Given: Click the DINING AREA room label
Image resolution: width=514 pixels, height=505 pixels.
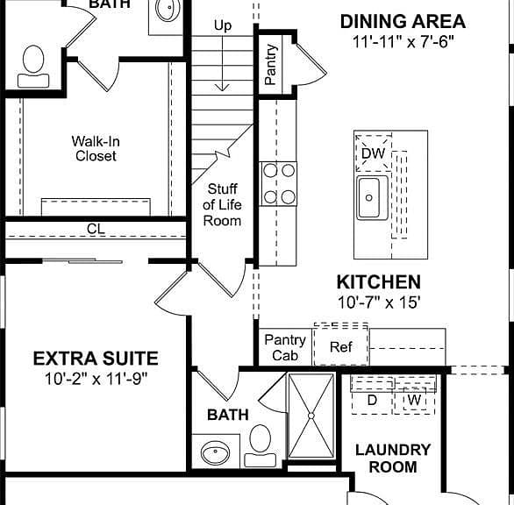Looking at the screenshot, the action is [403, 22].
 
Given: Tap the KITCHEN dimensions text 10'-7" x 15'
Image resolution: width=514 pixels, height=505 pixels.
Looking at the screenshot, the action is [379, 302].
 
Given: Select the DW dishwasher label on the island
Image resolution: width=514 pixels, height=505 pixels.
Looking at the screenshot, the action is [374, 153].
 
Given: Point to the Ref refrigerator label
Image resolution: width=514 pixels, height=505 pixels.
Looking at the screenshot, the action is [341, 346].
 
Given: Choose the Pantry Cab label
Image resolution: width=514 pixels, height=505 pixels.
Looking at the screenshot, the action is [285, 347].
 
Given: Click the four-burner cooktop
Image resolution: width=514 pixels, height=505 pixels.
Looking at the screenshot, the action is [279, 184].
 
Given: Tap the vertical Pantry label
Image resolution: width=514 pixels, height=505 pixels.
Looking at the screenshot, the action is [271, 65].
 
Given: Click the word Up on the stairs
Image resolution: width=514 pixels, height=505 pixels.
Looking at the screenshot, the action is [223, 25].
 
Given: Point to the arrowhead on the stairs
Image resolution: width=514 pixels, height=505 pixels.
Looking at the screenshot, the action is [223, 88].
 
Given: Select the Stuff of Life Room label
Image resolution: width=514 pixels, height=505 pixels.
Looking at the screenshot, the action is [222, 205].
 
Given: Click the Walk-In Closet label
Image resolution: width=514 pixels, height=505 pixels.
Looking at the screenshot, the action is [96, 148].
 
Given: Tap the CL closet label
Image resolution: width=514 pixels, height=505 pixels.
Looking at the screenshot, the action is [96, 229].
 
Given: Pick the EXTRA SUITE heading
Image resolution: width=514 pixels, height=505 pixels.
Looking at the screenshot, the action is [96, 359].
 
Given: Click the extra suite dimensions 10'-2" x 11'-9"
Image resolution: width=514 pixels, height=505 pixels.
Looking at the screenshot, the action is [96, 379].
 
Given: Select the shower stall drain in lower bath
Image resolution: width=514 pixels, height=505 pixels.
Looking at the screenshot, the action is [311, 416].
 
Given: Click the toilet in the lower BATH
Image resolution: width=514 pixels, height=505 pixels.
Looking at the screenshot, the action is [261, 445].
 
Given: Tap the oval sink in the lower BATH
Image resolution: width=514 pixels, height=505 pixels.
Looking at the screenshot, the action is [216, 452].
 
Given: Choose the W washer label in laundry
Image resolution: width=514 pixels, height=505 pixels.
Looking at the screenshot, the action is [415, 400].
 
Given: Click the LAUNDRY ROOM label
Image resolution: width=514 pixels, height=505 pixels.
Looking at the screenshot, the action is [393, 459].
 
